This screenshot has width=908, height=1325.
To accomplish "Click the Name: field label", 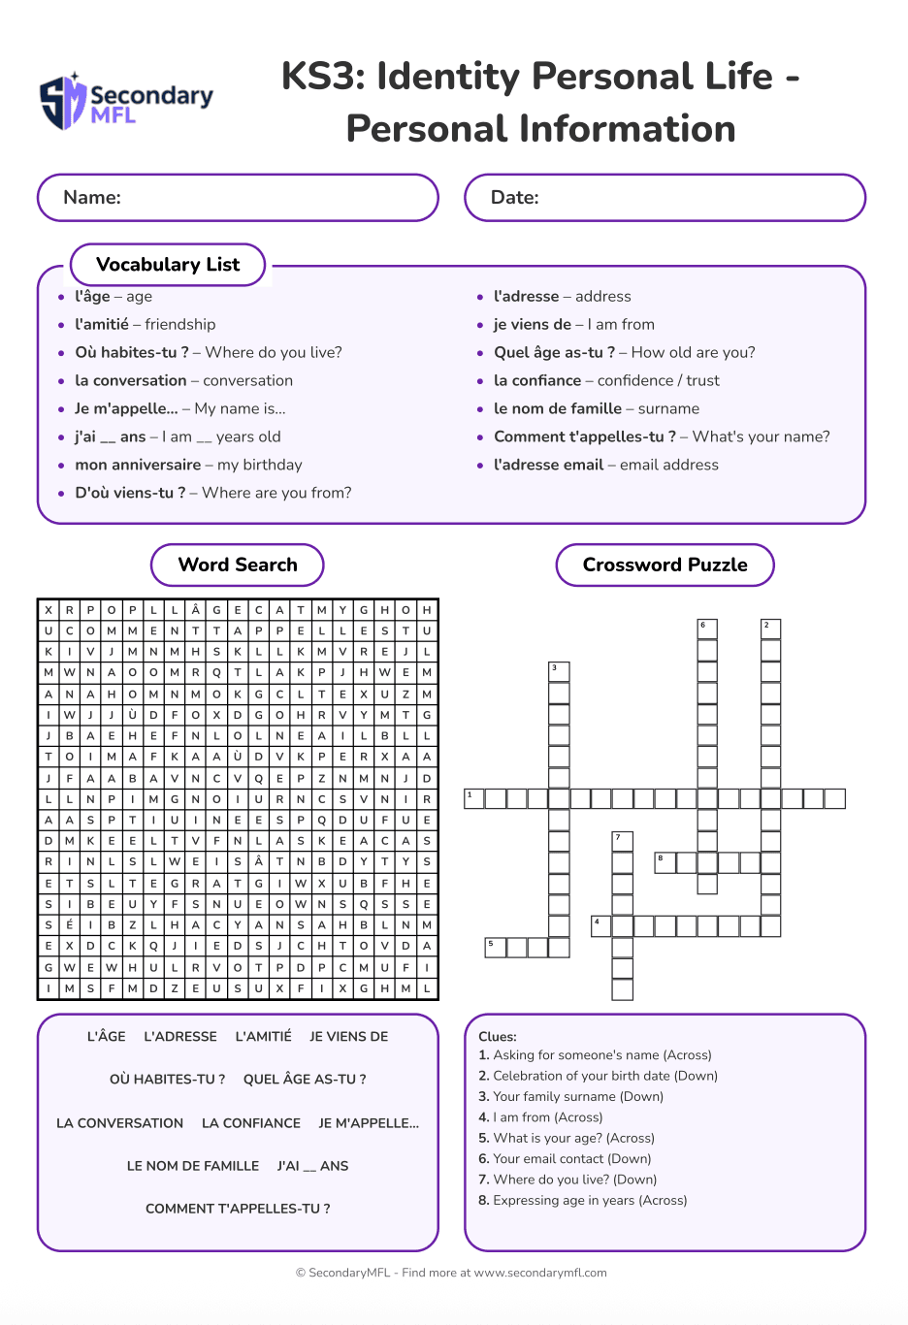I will pyautogui.click(x=92, y=198).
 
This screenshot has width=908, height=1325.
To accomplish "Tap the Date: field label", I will pyautogui.click(x=514, y=198).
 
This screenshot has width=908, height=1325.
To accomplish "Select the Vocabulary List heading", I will pyautogui.click(x=168, y=265).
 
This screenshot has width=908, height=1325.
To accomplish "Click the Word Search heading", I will pyautogui.click(x=238, y=566).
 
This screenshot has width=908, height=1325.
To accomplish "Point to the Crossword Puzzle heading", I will pyautogui.click(x=665, y=566).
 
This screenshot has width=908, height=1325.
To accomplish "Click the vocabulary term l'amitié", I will pyautogui.click(x=102, y=325).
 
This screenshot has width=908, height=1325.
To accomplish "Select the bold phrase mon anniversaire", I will pyautogui.click(x=138, y=466).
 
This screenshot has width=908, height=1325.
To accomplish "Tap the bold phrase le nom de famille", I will pyautogui.click(x=558, y=409).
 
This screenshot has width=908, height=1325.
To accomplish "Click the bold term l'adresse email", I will pyautogui.click(x=548, y=466).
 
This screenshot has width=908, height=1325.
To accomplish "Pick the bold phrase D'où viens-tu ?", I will pyautogui.click(x=130, y=494).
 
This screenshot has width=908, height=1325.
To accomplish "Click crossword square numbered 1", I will pyautogui.click(x=473, y=798).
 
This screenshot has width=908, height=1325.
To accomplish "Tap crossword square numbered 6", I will pyautogui.click(x=707, y=629).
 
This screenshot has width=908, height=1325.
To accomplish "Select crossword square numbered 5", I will pyautogui.click(x=495, y=947).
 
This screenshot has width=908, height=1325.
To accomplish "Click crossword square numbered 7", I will pyautogui.click(x=622, y=841).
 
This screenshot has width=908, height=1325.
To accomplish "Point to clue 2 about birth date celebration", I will pyautogui.click(x=598, y=1076).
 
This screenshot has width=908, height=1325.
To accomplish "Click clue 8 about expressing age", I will pyautogui.click(x=582, y=1201).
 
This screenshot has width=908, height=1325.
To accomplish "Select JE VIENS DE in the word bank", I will pyautogui.click(x=348, y=1037).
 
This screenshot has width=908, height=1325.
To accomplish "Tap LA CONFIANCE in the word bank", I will pyautogui.click(x=251, y=1123).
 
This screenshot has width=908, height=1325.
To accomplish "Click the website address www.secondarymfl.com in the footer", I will pyautogui.click(x=540, y=1274).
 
